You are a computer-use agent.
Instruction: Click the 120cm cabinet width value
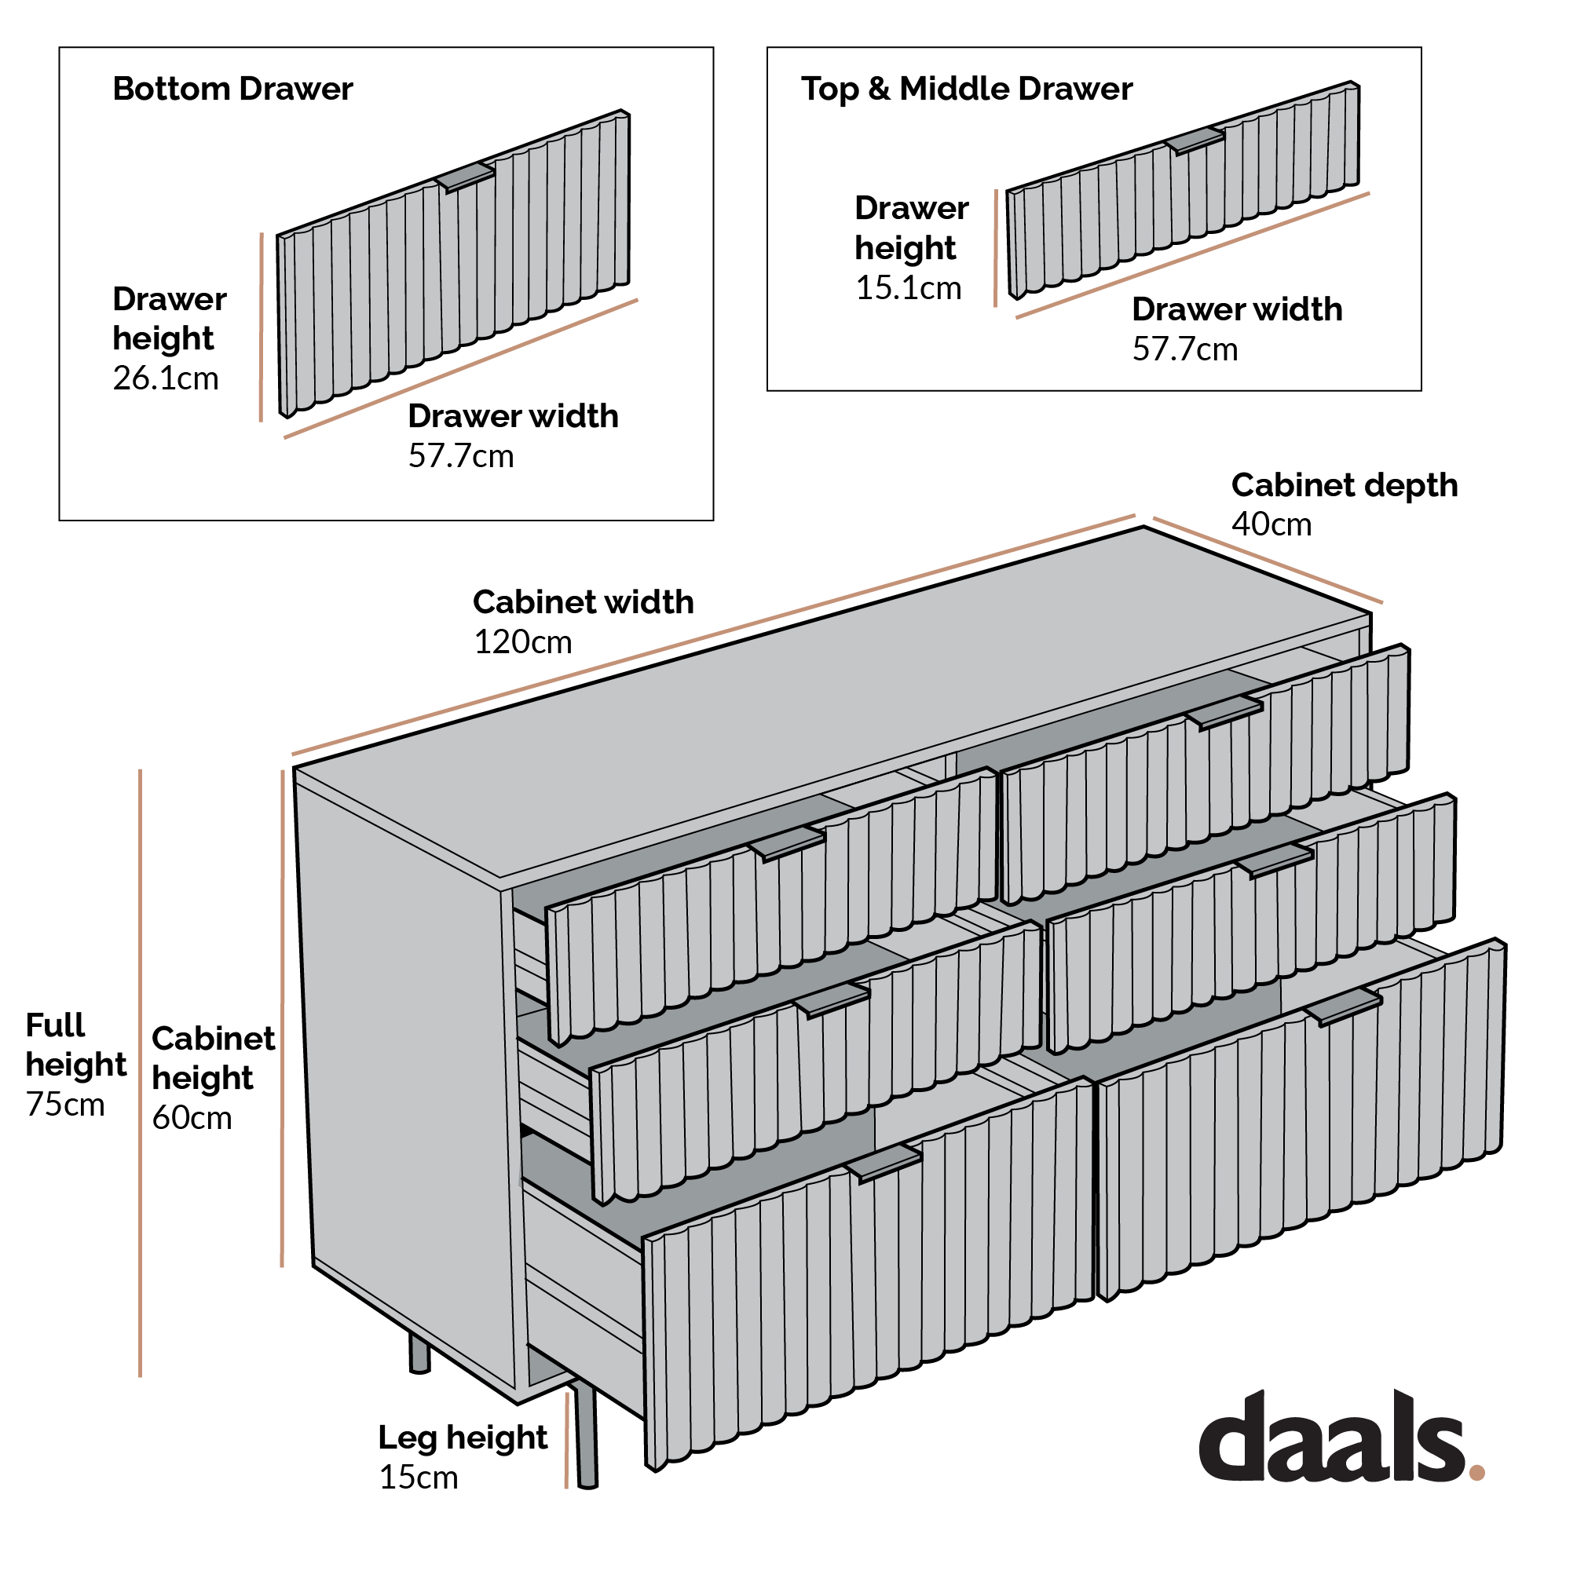click(x=522, y=643)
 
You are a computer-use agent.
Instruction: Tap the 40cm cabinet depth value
click(x=1271, y=524)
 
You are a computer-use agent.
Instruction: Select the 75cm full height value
click(x=65, y=1105)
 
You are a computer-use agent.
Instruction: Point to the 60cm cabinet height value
click(x=192, y=1118)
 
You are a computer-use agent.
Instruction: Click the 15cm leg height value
click(x=418, y=1477)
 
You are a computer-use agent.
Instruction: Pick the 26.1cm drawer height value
click(x=166, y=378)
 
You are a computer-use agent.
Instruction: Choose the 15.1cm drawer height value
click(x=908, y=289)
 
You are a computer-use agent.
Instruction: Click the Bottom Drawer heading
click(x=232, y=89)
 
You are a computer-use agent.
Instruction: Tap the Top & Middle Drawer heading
click(x=967, y=89)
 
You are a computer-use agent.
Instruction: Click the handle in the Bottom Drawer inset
click(x=466, y=177)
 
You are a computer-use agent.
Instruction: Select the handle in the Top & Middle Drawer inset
click(x=1195, y=141)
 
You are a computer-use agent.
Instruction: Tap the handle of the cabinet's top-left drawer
click(x=787, y=843)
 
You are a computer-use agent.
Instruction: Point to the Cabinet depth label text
click(x=1344, y=485)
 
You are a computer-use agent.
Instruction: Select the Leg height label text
click(x=462, y=1438)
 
